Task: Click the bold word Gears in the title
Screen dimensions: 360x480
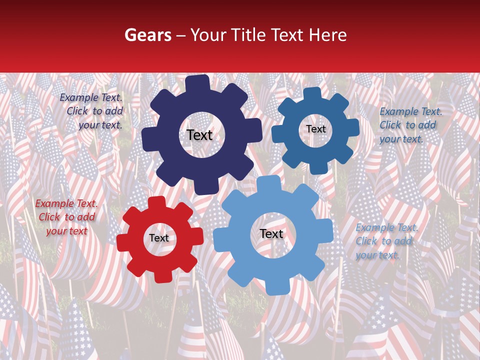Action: click(x=147, y=35)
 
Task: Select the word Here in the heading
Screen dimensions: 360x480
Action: click(x=329, y=35)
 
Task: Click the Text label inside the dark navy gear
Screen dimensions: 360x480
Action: click(x=199, y=135)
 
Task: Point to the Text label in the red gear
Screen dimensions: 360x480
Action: click(x=159, y=238)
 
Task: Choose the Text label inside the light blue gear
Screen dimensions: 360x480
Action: click(x=271, y=233)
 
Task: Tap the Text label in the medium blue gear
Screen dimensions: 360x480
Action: click(x=315, y=129)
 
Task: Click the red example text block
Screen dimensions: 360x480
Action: click(x=66, y=217)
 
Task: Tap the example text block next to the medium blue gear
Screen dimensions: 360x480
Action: click(x=410, y=125)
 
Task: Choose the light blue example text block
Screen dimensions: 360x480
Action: click(x=386, y=241)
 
